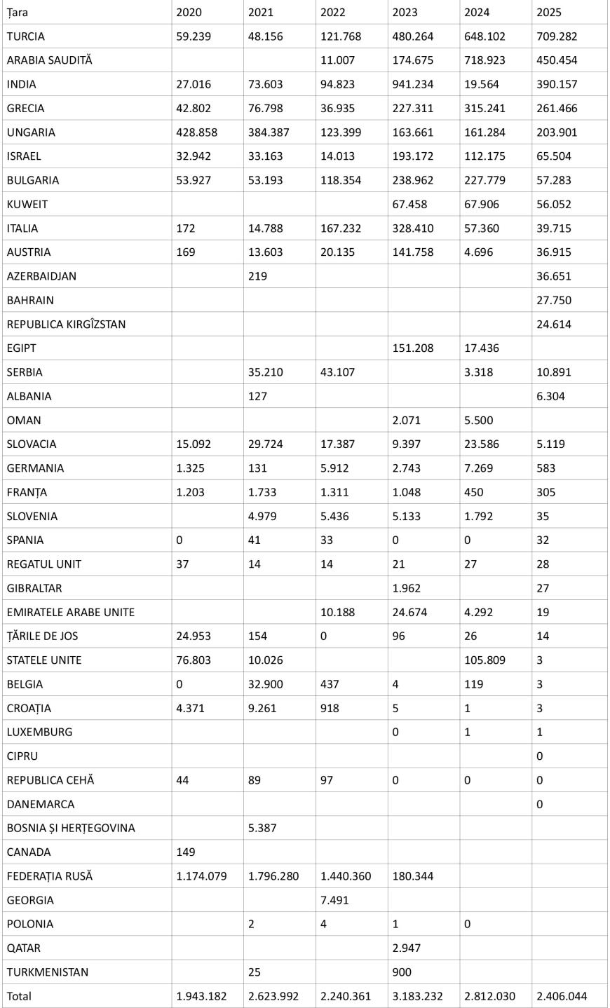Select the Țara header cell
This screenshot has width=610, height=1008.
point(18,12)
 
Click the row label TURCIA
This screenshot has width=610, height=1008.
point(26,36)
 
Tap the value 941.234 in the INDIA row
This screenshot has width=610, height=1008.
point(414,84)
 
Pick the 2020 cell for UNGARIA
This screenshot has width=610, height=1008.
point(196,132)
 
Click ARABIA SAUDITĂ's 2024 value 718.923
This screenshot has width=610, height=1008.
point(484,60)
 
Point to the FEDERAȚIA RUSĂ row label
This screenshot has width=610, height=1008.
point(50,876)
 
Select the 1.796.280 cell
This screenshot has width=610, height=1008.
point(273,876)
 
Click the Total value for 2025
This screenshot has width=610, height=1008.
point(562,996)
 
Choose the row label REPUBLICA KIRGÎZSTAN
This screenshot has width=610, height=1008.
point(67,325)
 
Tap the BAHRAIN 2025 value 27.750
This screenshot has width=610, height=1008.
point(553,300)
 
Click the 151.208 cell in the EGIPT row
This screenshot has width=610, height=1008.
point(414,348)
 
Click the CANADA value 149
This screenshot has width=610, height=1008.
point(186,852)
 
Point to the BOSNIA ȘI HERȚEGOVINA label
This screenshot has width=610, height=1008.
point(71,829)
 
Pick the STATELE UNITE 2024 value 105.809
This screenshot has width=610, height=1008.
point(484,660)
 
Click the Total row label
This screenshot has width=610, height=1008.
point(19,996)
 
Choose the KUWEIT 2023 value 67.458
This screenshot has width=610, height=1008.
point(410,205)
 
